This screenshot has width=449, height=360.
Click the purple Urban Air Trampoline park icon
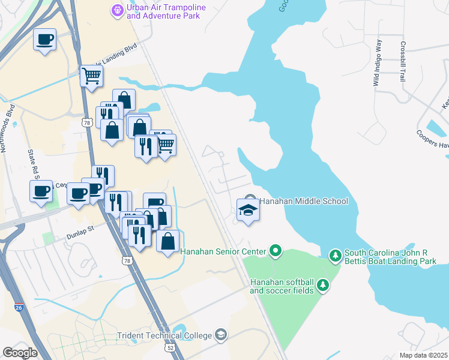(118, 10)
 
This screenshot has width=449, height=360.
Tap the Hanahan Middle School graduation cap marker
(249, 210)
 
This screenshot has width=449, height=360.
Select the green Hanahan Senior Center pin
(276, 250)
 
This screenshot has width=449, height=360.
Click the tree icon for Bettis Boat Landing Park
(335, 257)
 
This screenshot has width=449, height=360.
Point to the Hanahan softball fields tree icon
(323, 285)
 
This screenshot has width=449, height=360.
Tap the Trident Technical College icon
(221, 335)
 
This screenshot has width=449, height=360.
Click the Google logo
(20, 352)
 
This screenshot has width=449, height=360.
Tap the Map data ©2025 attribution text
(423, 355)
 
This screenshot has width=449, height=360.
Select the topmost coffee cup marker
(44, 40)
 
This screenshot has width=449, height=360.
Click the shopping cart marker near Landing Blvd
(91, 76)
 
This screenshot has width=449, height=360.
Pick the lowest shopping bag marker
(168, 242)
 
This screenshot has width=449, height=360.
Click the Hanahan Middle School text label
(304, 201)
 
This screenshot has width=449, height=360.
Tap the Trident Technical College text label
(164, 335)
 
